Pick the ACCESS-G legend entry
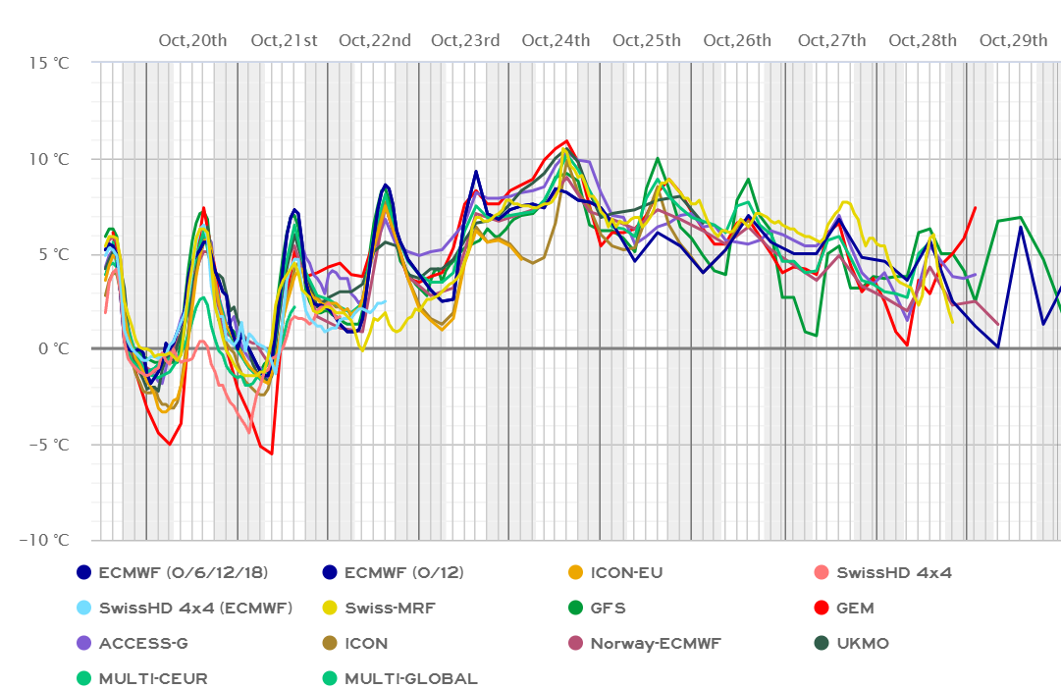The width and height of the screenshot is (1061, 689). click(147, 643)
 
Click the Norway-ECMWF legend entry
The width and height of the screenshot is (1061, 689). click(656, 643)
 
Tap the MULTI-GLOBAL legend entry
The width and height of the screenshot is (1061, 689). click(411, 678)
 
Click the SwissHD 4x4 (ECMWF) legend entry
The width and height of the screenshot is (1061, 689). click(195, 608)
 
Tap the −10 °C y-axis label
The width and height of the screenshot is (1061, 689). click(42, 540)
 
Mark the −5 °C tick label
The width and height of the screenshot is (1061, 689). click(46, 445)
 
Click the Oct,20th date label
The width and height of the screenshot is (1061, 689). click(192, 40)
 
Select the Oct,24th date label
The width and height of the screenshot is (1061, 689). click(556, 40)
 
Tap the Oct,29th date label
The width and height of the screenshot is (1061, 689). click(1013, 40)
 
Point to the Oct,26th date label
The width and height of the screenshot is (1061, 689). click(737, 40)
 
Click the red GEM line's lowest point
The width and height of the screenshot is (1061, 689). click(272, 453)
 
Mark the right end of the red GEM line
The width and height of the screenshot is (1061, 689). click(976, 207)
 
